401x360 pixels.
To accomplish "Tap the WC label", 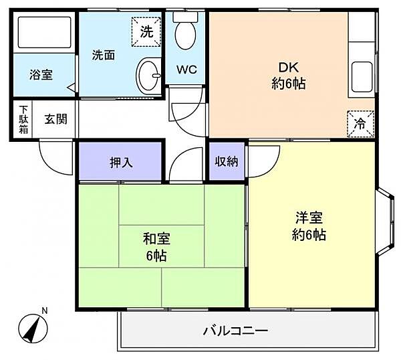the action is [186, 70].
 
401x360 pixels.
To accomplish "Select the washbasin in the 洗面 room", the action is [148, 75].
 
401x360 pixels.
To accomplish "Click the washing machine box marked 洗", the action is [146, 31].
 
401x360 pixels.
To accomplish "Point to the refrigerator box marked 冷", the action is [361, 124].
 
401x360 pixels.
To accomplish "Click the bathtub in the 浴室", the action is [44, 32].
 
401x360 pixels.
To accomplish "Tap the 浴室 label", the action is [41, 74].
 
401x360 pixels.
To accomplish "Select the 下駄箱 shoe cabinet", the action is [23, 120].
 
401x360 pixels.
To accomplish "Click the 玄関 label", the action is [55, 119].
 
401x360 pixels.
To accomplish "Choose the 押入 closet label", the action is [121, 162].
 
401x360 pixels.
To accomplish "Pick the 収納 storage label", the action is [227, 161].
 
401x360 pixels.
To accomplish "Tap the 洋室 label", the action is [309, 217].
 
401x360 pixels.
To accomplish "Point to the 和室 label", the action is [156, 239].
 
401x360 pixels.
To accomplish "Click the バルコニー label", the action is [235, 331].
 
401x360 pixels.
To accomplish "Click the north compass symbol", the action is [33, 329].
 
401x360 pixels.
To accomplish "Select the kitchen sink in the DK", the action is [362, 77].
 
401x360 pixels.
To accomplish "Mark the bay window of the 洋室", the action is [385, 221].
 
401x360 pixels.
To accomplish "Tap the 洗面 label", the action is [104, 55].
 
